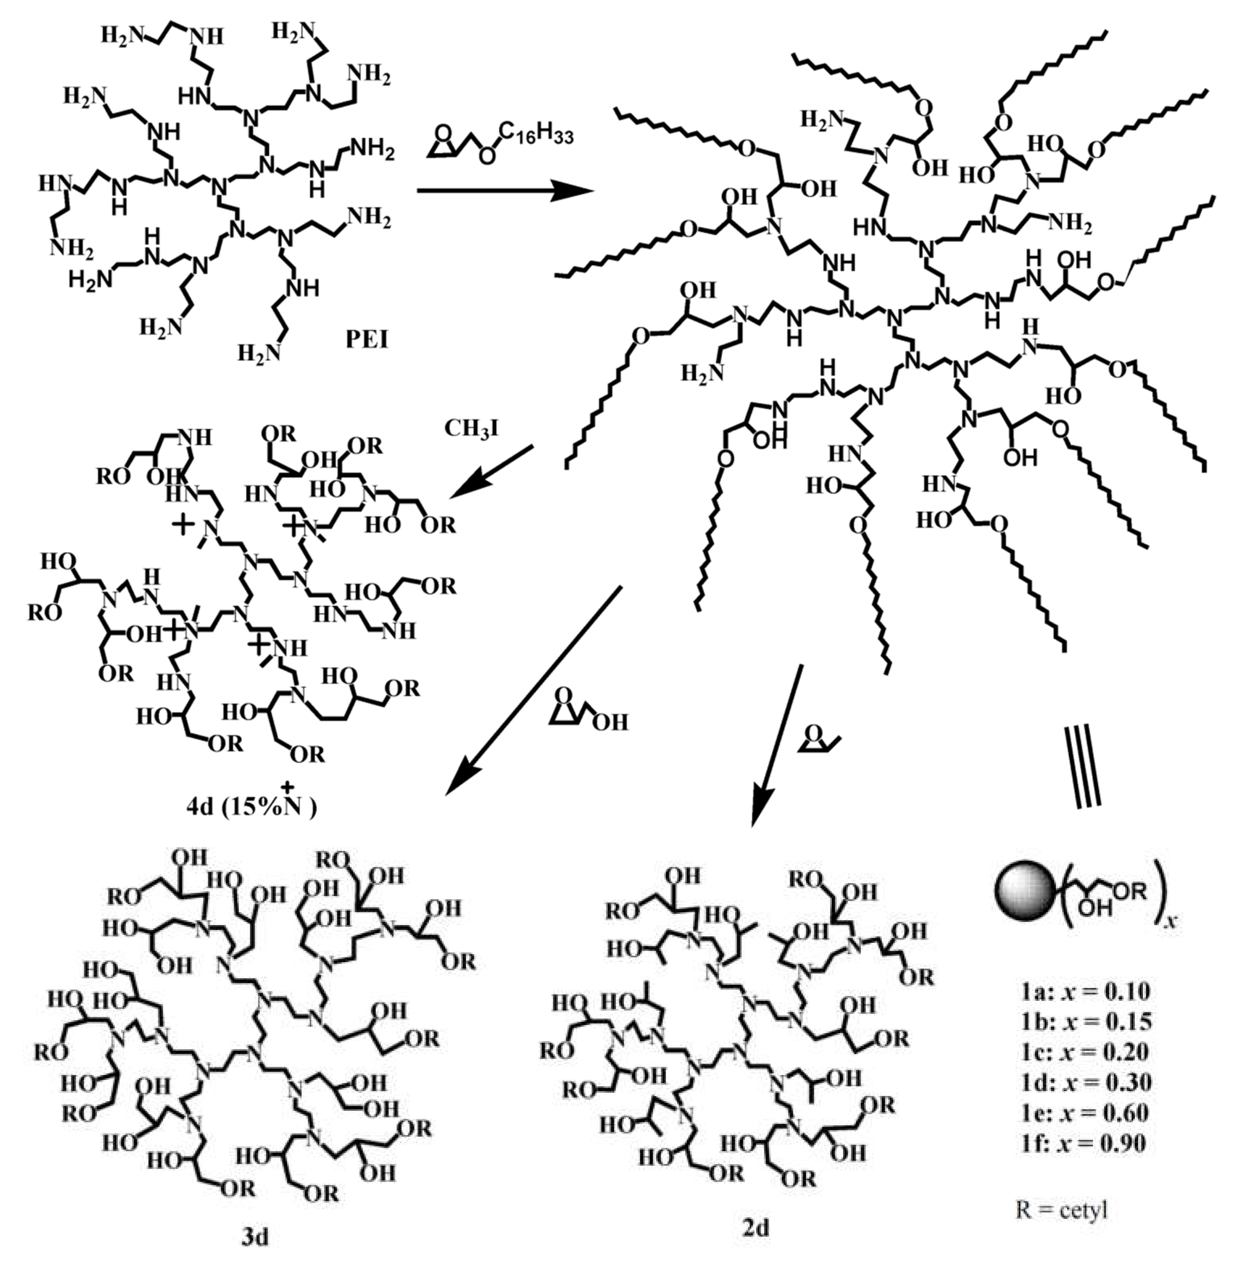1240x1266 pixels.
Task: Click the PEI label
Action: coord(367,339)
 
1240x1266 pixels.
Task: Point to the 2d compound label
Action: coord(755,1228)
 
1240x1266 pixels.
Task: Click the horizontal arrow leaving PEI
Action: coord(505,191)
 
